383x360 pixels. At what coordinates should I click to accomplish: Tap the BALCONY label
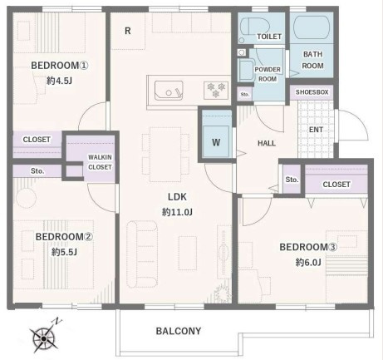(x=179, y=331)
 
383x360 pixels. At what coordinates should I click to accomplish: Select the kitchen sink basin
(x=169, y=90)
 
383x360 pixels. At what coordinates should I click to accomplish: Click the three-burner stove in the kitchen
(x=216, y=90)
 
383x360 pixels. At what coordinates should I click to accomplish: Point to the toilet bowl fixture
(x=255, y=27)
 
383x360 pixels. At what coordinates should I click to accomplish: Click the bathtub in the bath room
(x=312, y=27)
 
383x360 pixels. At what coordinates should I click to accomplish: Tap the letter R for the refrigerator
(x=128, y=31)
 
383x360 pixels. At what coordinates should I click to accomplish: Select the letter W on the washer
(x=216, y=142)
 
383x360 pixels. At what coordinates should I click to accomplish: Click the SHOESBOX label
(x=312, y=92)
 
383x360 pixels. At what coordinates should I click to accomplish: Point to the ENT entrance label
(x=316, y=130)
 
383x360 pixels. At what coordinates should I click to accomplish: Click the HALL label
(x=267, y=143)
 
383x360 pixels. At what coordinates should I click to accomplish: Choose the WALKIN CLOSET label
(x=100, y=162)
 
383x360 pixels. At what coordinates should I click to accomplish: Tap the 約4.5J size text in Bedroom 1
(x=60, y=81)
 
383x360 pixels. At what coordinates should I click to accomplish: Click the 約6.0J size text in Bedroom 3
(x=308, y=262)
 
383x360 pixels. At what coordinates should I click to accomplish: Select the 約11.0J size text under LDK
(x=177, y=212)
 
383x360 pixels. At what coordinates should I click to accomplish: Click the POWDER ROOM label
(x=268, y=74)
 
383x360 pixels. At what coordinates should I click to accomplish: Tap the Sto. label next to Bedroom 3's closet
(x=292, y=180)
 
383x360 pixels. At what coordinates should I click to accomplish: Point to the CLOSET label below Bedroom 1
(x=37, y=140)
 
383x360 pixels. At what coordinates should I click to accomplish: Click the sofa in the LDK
(x=142, y=254)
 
